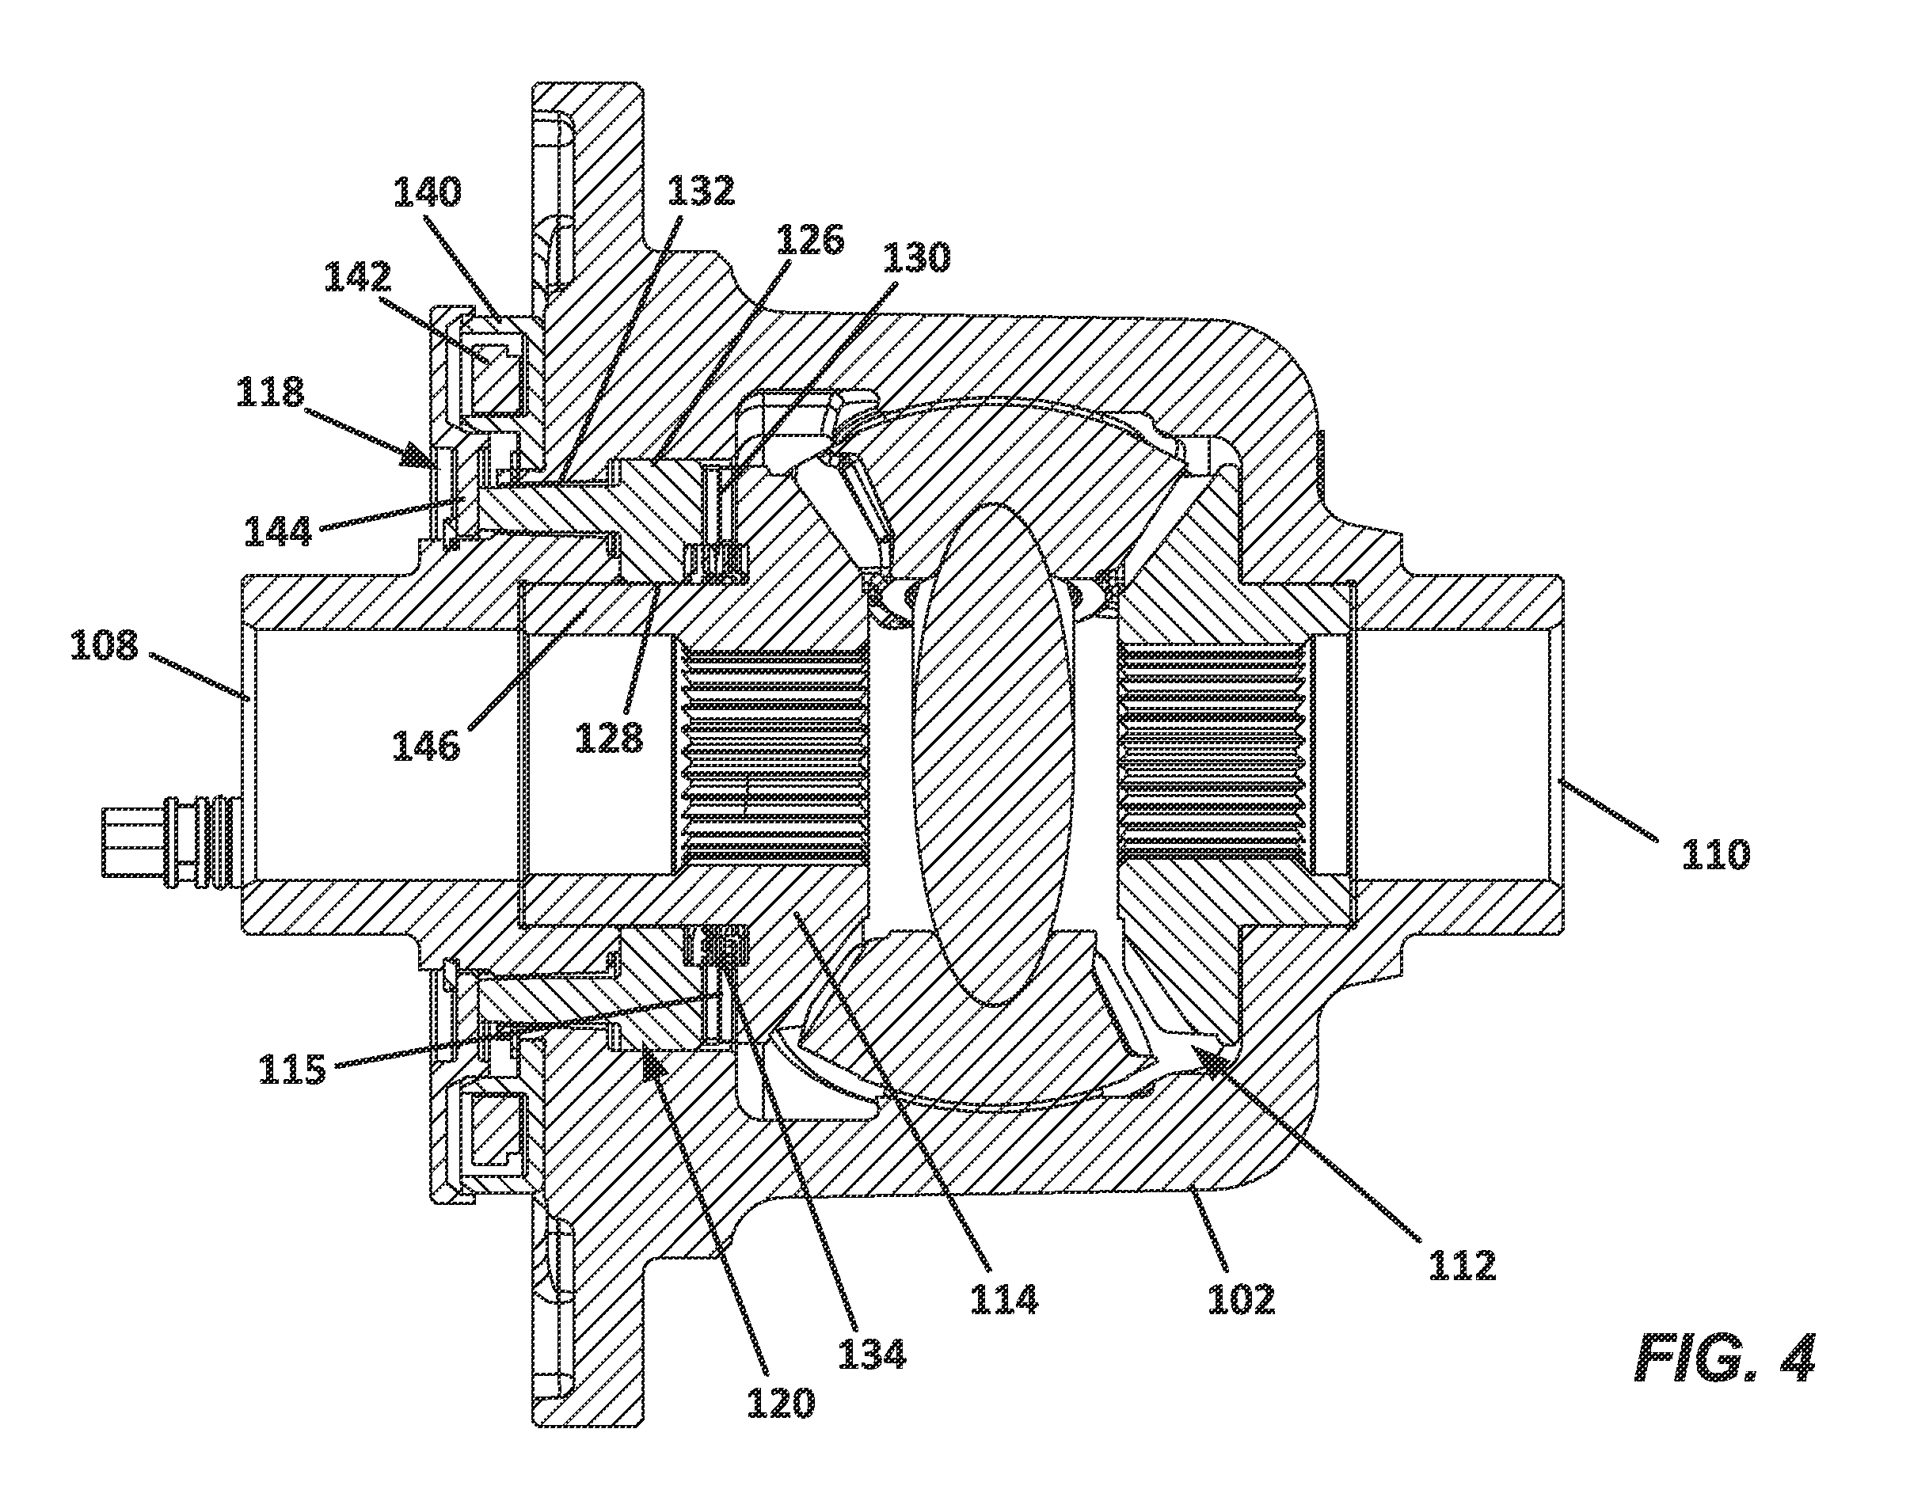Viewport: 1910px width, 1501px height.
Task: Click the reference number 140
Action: pyautogui.click(x=426, y=192)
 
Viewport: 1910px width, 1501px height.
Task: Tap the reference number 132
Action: pyautogui.click(x=701, y=191)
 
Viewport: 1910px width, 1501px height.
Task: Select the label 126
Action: pyautogui.click(x=809, y=239)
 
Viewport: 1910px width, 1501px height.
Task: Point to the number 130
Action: pyautogui.click(x=917, y=258)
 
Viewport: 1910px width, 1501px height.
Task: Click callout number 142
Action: pyautogui.click(x=359, y=278)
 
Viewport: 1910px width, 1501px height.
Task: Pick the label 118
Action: pyautogui.click(x=270, y=392)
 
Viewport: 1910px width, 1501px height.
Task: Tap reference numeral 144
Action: pyautogui.click(x=278, y=530)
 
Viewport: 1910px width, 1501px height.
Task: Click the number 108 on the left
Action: pyautogui.click(x=105, y=646)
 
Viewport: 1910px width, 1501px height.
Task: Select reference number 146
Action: pyautogui.click(x=426, y=746)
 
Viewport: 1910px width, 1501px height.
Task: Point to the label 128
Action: pyautogui.click(x=610, y=738)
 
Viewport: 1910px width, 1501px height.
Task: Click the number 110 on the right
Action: pyautogui.click(x=1716, y=854)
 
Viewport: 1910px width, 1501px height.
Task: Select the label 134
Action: pyautogui.click(x=872, y=1355)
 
